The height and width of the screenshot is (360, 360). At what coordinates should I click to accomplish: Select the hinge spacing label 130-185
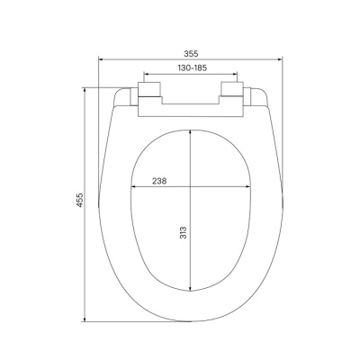pyautogui.click(x=189, y=68)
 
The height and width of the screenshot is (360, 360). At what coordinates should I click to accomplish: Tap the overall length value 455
pyautogui.click(x=79, y=199)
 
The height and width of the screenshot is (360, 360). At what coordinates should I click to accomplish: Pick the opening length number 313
pyautogui.click(x=183, y=236)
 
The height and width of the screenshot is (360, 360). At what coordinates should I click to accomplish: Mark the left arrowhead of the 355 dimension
pyautogui.click(x=100, y=60)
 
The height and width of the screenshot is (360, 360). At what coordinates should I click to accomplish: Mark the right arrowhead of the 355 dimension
pyautogui.click(x=278, y=60)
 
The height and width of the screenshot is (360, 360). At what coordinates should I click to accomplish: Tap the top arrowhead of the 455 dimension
pyautogui.click(x=87, y=88)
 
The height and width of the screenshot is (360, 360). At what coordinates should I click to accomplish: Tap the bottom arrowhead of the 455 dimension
pyautogui.click(x=87, y=319)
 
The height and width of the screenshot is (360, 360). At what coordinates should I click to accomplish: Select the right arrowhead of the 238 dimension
pyautogui.click(x=249, y=188)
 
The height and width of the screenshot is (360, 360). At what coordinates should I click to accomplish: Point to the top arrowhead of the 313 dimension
pyautogui.click(x=191, y=130)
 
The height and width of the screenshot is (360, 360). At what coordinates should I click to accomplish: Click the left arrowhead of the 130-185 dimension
pyautogui.click(x=144, y=76)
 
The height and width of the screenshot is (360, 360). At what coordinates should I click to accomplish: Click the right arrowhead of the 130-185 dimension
pyautogui.click(x=235, y=76)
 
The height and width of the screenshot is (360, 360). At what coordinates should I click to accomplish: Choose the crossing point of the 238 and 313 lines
pyautogui.click(x=191, y=188)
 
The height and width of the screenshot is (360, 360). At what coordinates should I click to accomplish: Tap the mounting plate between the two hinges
pyautogui.click(x=189, y=106)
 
